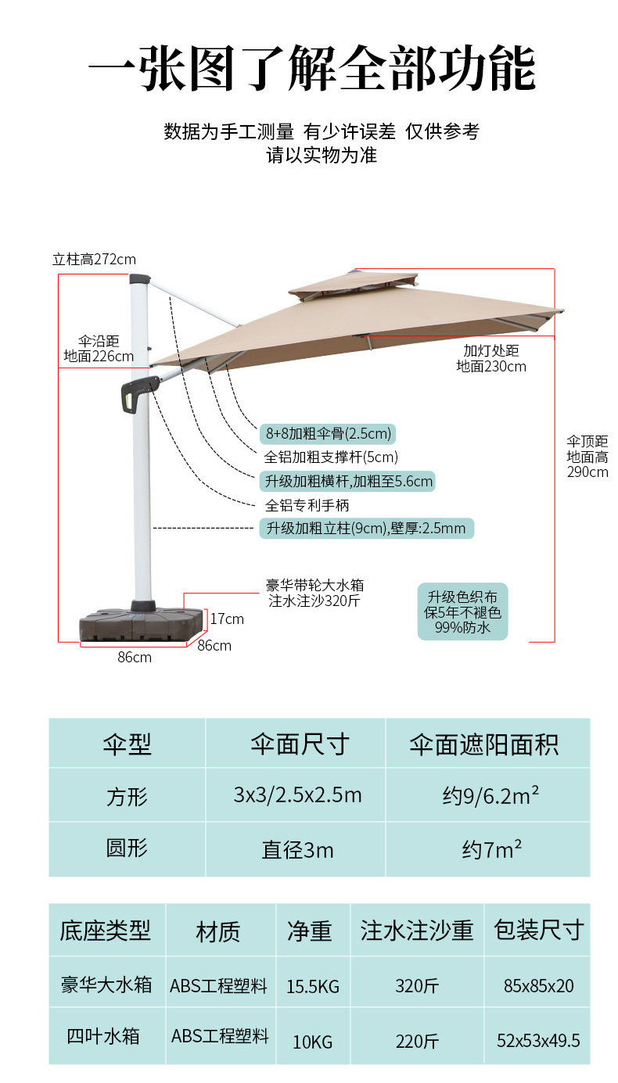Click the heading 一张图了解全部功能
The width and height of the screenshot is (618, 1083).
[x=311, y=69]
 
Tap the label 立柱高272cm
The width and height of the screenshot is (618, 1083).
[x=94, y=259]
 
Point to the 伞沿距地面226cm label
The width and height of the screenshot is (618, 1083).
[x=99, y=349]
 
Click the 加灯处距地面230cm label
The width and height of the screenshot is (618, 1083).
[x=491, y=358]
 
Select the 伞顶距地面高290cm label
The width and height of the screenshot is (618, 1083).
[x=587, y=456]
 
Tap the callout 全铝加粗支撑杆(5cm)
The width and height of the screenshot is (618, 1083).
[x=331, y=457]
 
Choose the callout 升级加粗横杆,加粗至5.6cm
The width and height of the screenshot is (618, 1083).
[x=347, y=481]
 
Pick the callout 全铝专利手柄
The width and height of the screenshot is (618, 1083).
[x=307, y=505]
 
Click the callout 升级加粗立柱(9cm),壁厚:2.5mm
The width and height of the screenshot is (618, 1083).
[x=365, y=529]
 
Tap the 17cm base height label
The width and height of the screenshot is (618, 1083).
[x=227, y=619]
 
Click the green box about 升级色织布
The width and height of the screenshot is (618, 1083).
[x=462, y=611]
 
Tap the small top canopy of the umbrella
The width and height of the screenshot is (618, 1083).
[x=354, y=285]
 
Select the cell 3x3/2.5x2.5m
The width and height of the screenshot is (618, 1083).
[x=297, y=795]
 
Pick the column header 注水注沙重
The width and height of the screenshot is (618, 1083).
[x=417, y=931]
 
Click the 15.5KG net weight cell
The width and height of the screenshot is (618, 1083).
[x=313, y=986]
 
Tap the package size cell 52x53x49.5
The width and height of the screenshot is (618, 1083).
[x=538, y=1040]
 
